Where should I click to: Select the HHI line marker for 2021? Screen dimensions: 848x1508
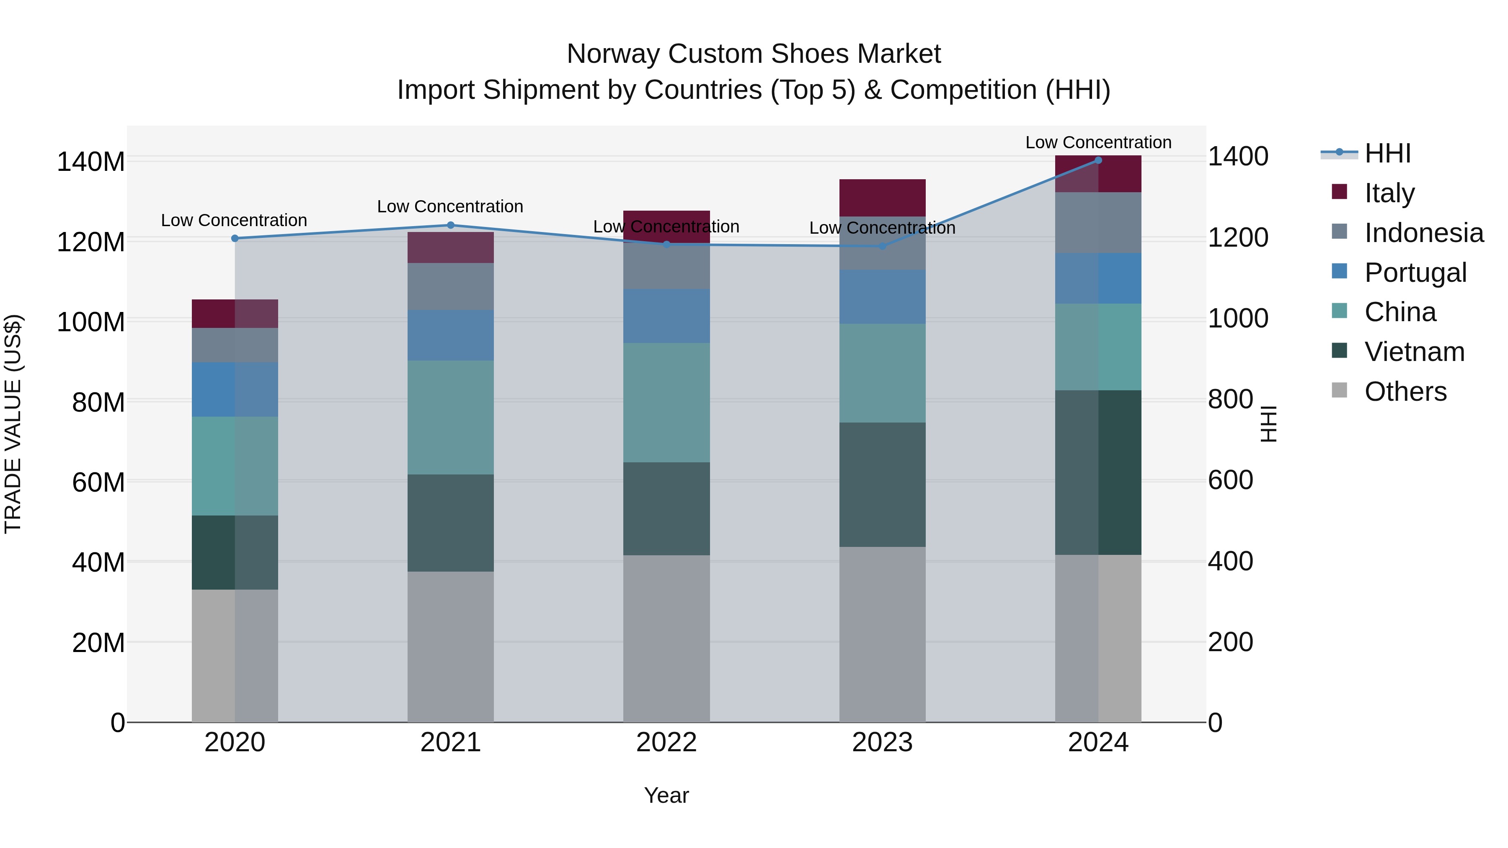[x=450, y=225]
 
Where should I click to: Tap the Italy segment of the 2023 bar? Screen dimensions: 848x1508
[x=882, y=198]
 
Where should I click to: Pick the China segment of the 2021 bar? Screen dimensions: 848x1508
[x=450, y=417]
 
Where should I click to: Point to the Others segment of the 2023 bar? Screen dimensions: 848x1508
[x=882, y=634]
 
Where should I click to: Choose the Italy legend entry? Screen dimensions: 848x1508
[x=1389, y=193]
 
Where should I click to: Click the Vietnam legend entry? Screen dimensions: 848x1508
[x=1414, y=352]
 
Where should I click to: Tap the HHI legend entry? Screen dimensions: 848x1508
[x=1387, y=153]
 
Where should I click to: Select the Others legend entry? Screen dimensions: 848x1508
[x=1405, y=392]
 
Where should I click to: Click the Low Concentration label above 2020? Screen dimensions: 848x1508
[x=234, y=221]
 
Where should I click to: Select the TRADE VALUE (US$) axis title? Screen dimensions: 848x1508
[x=13, y=424]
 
